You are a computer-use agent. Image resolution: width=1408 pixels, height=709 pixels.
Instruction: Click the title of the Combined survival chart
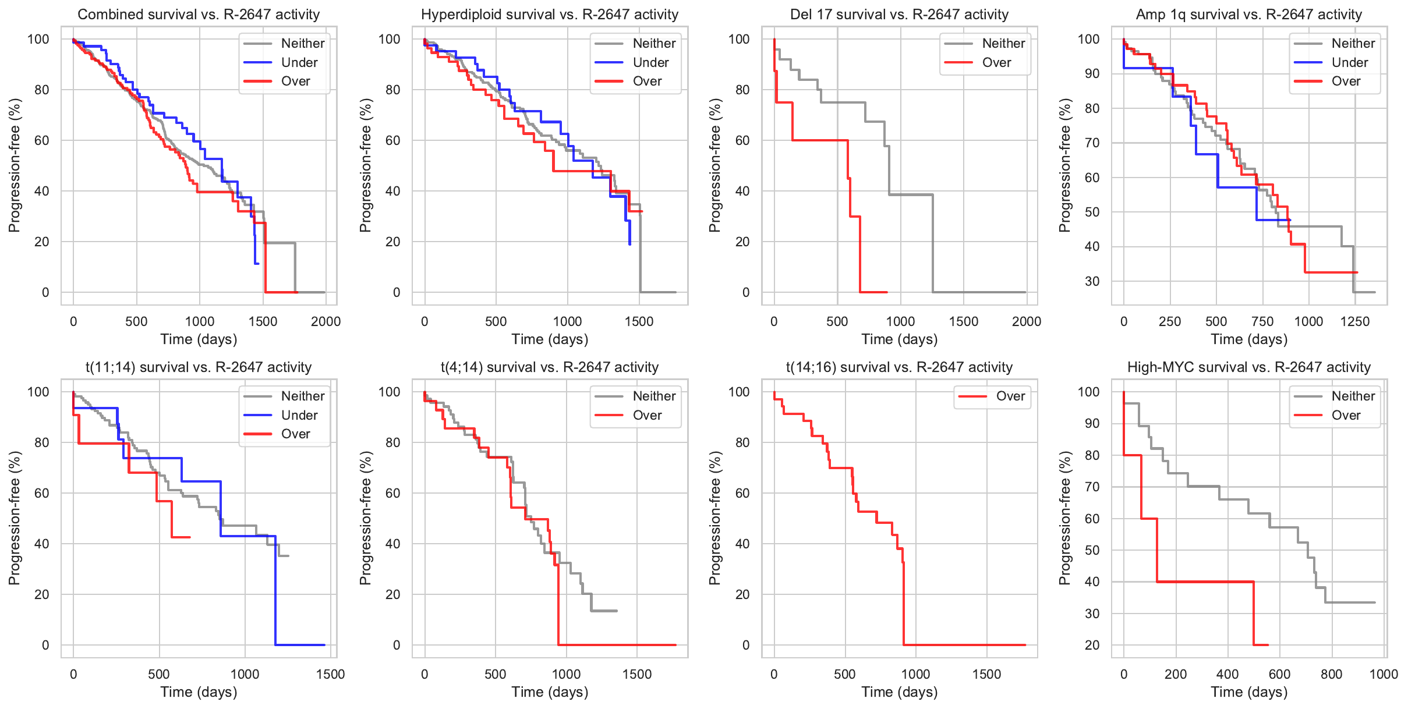[x=199, y=14]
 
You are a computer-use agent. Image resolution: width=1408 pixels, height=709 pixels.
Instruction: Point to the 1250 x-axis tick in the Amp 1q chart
[x=1355, y=321]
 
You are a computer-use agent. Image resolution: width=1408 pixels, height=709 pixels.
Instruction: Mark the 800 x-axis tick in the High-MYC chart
[x=1332, y=674]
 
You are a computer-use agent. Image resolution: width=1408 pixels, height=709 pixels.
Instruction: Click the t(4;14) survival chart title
[x=550, y=367]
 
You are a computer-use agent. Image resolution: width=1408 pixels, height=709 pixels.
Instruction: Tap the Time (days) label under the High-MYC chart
[x=1249, y=692]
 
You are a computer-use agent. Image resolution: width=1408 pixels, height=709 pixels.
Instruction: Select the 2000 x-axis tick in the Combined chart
[x=326, y=321]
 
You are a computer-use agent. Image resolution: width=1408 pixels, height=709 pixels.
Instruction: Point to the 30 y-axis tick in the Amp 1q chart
[x=1092, y=281]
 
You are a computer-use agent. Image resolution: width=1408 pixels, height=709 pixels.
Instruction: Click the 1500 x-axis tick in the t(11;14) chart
[x=331, y=674]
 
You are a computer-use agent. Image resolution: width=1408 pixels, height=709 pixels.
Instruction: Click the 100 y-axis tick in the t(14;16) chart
[x=739, y=392]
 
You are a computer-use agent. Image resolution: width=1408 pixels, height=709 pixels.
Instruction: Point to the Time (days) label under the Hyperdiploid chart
[x=550, y=339]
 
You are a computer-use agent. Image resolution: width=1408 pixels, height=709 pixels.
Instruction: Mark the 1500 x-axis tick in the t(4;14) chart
[x=637, y=674]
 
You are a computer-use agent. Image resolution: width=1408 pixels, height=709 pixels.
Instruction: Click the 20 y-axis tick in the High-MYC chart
[x=1092, y=645]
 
